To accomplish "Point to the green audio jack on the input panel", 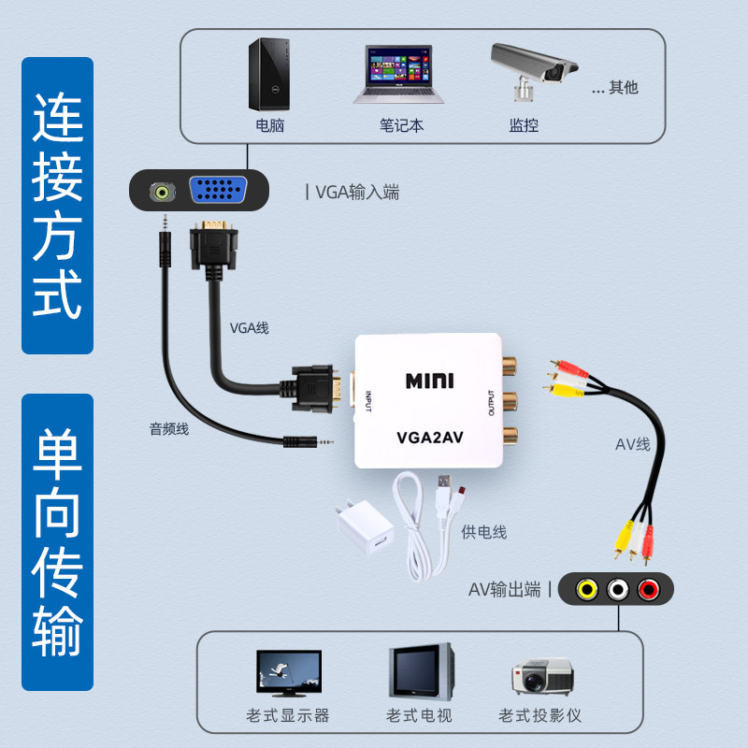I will coord(165,193).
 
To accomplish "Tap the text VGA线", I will coord(249,328).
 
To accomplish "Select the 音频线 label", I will coord(169,429).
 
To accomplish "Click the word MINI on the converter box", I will coord(429,381).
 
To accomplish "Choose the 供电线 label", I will coord(483,532).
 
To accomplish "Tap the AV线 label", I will coord(632,444).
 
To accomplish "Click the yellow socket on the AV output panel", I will coord(587,590).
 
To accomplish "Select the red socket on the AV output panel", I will coord(648,590).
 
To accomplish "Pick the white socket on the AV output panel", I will coord(617,590).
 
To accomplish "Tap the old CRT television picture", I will coord(421,670).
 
